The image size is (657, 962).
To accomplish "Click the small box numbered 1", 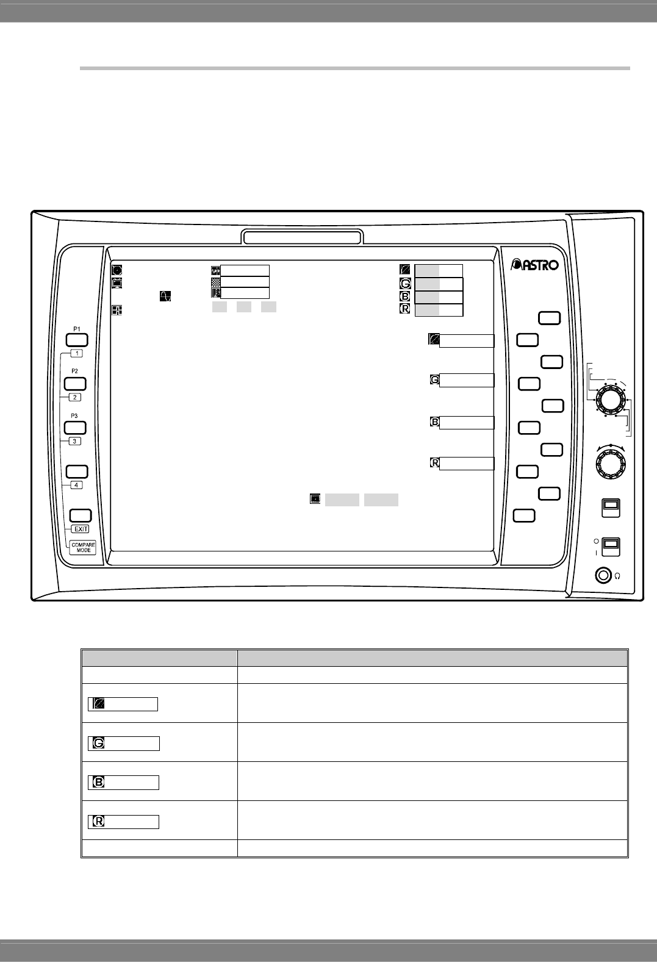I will point(76,353).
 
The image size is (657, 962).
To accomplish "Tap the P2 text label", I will point(74,371).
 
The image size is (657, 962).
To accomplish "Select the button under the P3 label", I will point(76,428).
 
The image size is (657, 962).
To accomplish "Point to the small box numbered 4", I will point(76,485).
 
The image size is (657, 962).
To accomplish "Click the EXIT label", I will point(81,529).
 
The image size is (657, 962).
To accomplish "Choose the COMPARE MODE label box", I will point(84,547).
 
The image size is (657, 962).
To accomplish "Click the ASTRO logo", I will point(534,265).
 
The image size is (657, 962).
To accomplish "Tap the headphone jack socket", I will point(603,575).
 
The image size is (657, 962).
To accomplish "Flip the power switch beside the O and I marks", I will point(611,547).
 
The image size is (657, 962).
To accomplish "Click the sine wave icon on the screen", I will point(165,296).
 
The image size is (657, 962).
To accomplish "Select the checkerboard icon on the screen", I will point(215,282).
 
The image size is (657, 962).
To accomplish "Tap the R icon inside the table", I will point(98,821).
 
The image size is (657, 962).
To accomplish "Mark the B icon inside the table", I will point(98,782).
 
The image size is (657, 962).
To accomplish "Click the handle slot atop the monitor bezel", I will point(303,237).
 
